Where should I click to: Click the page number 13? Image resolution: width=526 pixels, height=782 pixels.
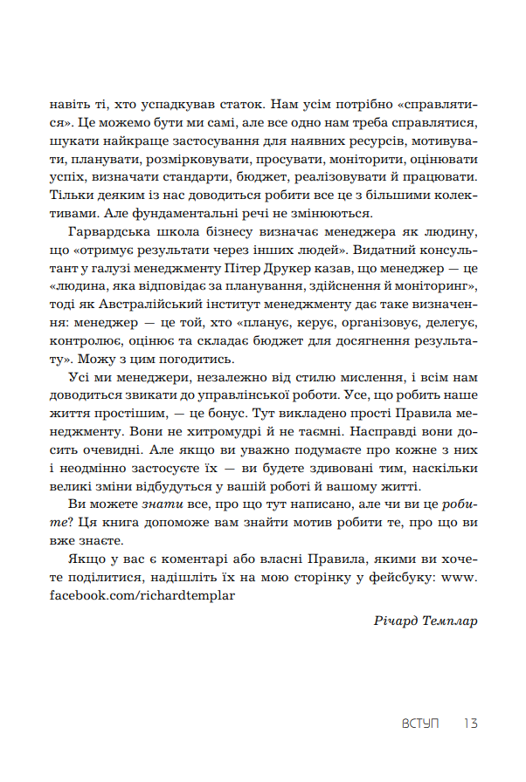[470, 724]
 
